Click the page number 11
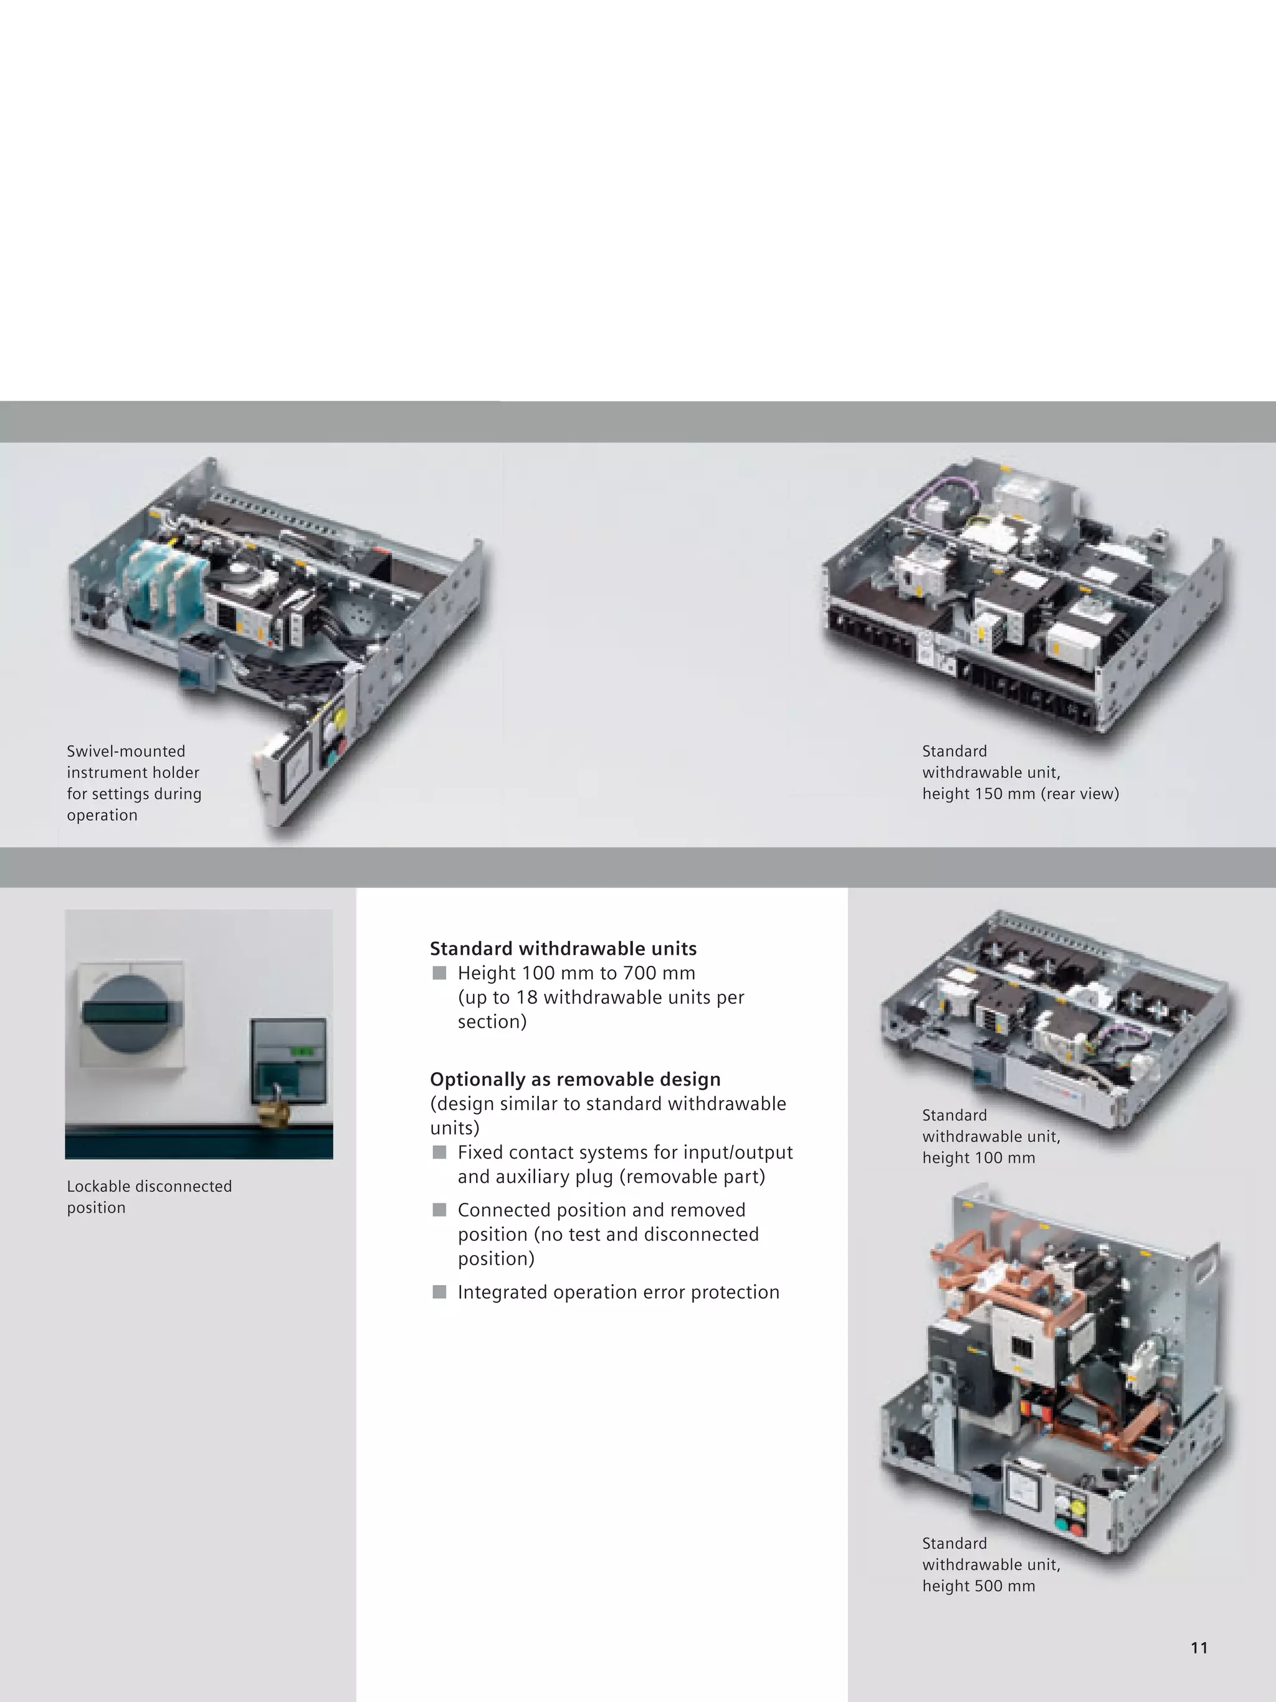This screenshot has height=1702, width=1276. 1198,1647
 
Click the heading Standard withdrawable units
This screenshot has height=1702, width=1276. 563,949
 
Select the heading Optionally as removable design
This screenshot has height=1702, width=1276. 574,1079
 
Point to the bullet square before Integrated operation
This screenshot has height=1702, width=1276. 439,1292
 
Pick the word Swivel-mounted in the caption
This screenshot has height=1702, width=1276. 125,751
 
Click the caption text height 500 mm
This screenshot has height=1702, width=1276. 978,1586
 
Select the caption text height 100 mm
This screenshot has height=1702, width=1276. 978,1158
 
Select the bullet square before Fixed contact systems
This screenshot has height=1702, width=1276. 439,1152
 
